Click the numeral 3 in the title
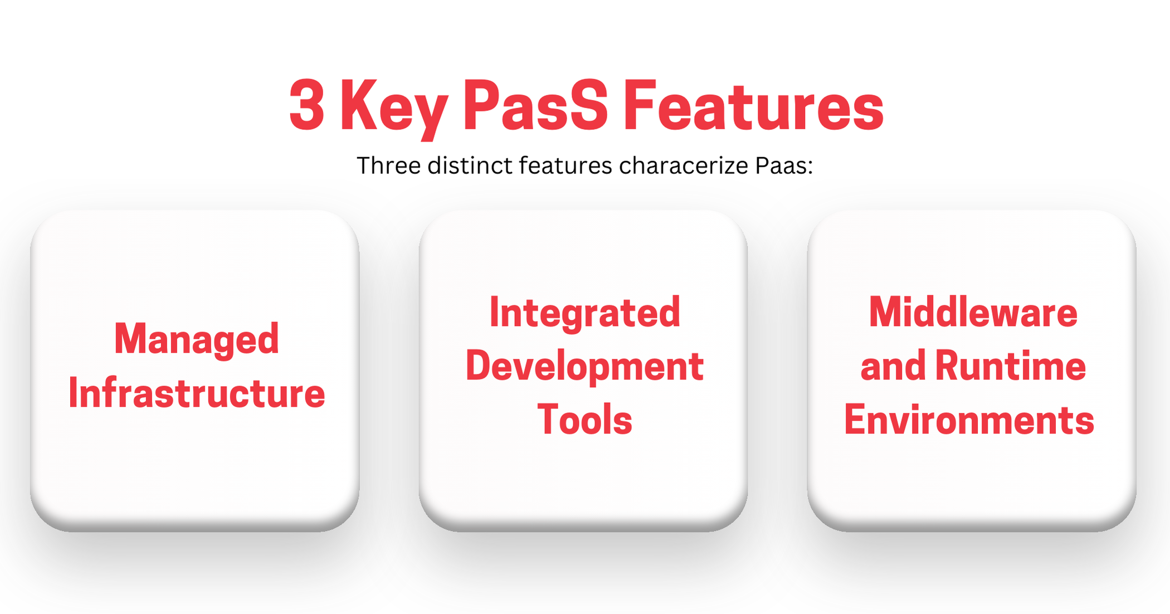(307, 105)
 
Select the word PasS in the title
(535, 105)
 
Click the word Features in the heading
(753, 105)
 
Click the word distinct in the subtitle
(470, 165)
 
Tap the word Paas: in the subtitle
(784, 165)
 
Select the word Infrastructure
(197, 393)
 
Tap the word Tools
(585, 420)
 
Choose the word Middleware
(973, 312)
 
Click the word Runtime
(1011, 366)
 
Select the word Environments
(969, 420)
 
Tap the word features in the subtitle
(565, 165)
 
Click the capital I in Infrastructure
(73, 393)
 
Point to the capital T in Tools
(547, 420)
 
